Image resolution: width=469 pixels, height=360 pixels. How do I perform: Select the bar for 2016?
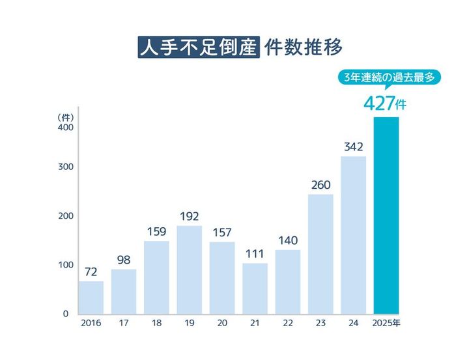coord(91,298)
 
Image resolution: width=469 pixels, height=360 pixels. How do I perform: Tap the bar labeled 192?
coord(190,270)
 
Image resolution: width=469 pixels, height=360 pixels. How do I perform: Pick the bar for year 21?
coord(255,289)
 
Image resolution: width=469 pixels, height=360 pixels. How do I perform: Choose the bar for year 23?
coord(320,255)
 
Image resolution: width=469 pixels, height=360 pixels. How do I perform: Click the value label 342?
coord(353,146)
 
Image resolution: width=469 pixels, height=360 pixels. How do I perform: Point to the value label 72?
coord(91,271)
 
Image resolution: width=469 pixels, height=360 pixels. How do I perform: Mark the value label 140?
coord(287,240)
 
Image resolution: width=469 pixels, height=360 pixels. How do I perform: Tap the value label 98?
coord(124,259)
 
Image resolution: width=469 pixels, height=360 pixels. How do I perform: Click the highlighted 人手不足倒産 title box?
coord(197,48)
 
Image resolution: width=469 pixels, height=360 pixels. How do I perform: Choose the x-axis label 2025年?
coord(386,323)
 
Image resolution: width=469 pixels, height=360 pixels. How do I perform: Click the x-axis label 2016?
coord(91,323)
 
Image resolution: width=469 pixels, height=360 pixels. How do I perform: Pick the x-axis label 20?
coord(222,323)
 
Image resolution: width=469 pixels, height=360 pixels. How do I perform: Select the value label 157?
coord(222,232)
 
